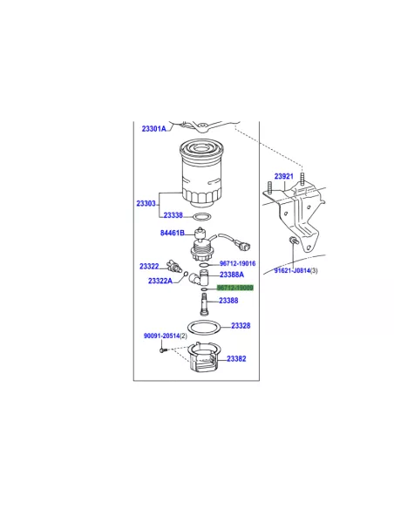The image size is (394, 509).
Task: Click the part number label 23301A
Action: [153, 129]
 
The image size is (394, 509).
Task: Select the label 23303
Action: [146, 204]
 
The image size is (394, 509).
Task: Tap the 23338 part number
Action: [173, 215]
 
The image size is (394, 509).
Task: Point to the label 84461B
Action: [173, 233]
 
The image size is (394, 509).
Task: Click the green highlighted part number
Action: [235, 288]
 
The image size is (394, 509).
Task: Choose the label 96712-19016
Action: [238, 263]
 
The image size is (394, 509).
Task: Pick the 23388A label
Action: [232, 275]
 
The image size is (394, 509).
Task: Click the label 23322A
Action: [160, 281]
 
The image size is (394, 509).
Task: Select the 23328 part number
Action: [241, 326]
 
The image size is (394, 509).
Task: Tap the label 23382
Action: [236, 359]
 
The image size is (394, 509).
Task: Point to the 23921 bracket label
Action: [284, 176]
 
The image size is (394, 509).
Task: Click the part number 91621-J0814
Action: [292, 270]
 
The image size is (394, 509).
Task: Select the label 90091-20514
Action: [161, 336]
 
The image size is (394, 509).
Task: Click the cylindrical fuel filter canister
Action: [201, 173]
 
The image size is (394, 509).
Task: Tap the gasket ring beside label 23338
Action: [202, 216]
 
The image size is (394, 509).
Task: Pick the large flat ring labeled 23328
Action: [205, 328]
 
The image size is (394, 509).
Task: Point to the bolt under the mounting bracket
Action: [292, 241]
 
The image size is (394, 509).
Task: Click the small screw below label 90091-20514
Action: [163, 350]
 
